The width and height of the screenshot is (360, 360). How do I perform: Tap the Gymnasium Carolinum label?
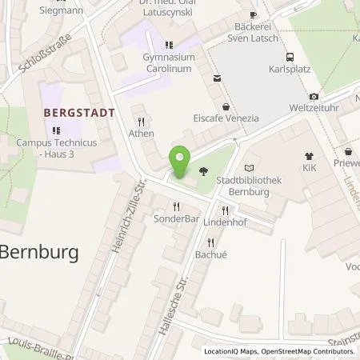(169, 64)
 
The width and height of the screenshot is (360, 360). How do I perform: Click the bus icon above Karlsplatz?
(290, 57)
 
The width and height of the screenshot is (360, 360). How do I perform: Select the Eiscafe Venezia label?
(226, 118)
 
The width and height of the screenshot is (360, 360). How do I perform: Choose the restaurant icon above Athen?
(142, 122)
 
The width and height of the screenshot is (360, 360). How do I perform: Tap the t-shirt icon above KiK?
(310, 157)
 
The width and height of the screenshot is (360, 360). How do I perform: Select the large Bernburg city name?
(38, 253)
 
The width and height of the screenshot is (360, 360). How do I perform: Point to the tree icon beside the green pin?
(204, 170)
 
